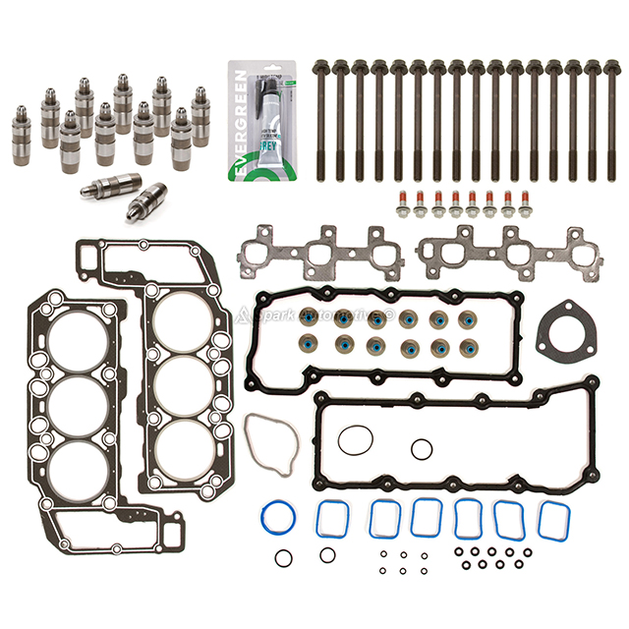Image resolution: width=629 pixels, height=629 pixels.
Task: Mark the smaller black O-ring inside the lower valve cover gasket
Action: pyautogui.click(x=421, y=449)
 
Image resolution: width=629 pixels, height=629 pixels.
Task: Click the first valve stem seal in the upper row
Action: pyautogui.click(x=316, y=320)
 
